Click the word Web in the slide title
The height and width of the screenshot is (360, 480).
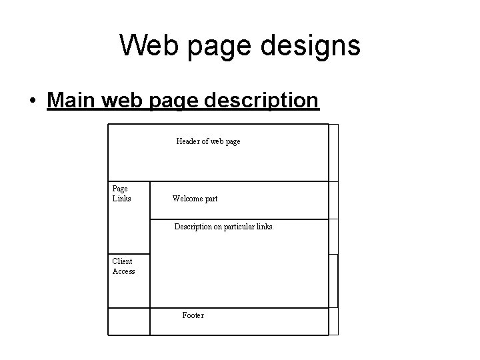pos(147,46)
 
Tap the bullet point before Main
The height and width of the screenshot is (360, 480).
pos(33,101)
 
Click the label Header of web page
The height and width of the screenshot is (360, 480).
pos(208,141)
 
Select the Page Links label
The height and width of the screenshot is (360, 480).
pos(121,194)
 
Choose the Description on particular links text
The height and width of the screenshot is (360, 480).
pos(224,227)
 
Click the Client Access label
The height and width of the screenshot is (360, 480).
pos(123,267)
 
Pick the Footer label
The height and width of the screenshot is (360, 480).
pos(193,315)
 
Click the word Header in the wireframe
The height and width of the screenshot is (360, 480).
pos(188,141)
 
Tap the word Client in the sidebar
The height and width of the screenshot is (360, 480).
pos(122,261)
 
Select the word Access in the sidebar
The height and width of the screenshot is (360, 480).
pos(124,271)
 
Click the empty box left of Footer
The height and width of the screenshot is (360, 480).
pos(129,321)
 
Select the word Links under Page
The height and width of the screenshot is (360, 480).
pos(122,199)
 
